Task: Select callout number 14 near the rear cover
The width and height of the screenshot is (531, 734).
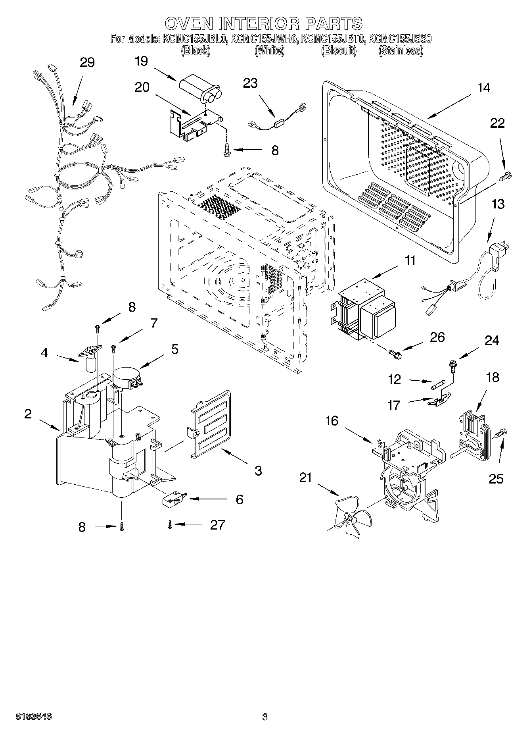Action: [x=483, y=88]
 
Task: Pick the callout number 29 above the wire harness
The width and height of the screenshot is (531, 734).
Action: [x=87, y=63]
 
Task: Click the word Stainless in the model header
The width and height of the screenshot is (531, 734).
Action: [x=401, y=50]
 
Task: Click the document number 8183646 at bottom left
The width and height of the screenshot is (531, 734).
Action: [x=33, y=717]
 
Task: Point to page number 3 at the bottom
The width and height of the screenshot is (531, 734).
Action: [x=265, y=717]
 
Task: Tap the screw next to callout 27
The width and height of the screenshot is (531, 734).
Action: [x=170, y=525]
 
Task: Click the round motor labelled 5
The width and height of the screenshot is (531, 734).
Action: [x=126, y=377]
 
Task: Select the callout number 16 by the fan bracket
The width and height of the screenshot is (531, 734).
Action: [x=332, y=420]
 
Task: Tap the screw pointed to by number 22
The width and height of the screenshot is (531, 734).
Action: [x=506, y=175]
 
